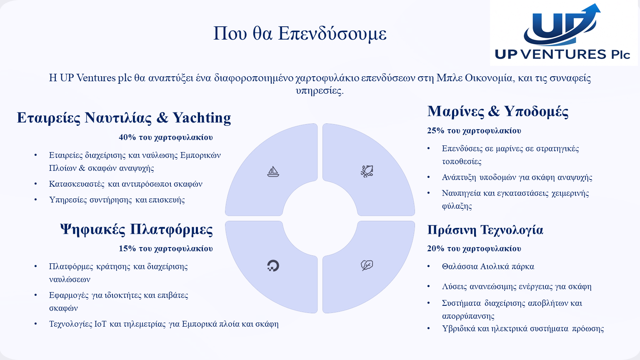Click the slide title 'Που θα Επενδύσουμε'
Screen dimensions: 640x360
pos(300,34)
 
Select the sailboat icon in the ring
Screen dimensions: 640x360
pos(273,171)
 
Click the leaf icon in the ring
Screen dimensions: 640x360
pos(367,265)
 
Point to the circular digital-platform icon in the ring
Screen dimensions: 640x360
pos(273,265)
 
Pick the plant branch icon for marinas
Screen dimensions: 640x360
pos(367,171)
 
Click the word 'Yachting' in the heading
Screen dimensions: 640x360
pos(202,118)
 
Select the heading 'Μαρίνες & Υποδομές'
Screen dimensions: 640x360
pos(498,111)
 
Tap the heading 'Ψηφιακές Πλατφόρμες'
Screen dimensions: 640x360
pos(137,230)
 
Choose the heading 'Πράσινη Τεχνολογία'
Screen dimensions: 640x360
pos(485,230)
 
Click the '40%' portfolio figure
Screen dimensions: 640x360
pos(127,137)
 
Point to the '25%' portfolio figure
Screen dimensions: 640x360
pos(436,131)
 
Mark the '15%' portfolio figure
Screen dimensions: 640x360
pos(127,249)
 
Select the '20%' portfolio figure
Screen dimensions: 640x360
pos(436,249)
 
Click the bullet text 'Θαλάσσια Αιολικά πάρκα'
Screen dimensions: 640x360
pos(488,267)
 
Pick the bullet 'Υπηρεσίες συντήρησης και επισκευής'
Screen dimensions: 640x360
pos(117,200)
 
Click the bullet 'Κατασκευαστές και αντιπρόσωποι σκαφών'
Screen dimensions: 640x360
pos(126,184)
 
